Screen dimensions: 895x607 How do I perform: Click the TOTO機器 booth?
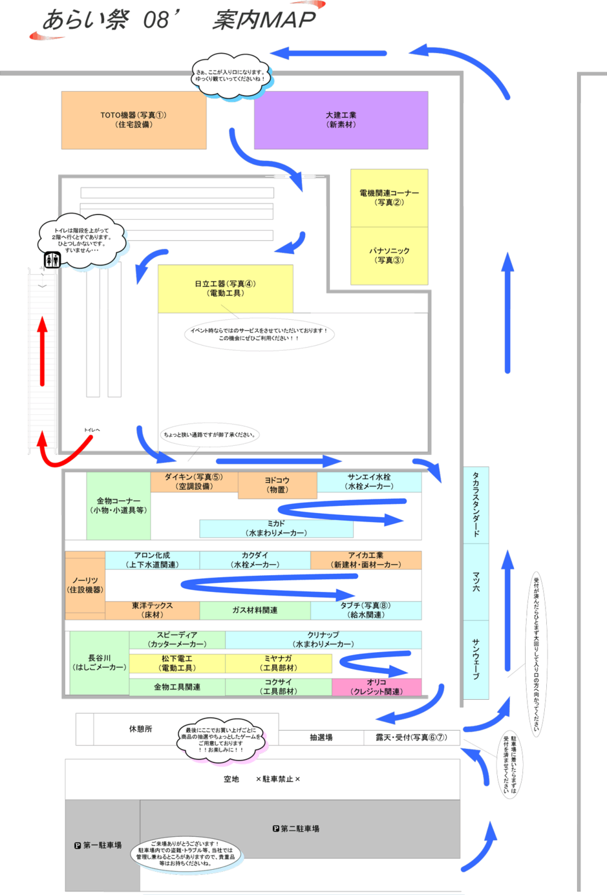(134, 120)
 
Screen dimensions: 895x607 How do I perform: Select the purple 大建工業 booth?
(341, 120)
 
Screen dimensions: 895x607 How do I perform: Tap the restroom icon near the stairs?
(52, 260)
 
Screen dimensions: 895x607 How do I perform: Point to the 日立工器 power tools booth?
(225, 288)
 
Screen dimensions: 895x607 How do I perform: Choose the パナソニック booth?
(389, 255)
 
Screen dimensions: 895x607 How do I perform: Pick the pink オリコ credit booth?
(376, 687)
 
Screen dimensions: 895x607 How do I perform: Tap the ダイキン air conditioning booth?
(194, 481)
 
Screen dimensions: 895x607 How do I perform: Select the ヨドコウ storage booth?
(277, 485)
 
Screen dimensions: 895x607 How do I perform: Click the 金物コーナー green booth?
(118, 505)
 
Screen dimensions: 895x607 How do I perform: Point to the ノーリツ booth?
(85, 585)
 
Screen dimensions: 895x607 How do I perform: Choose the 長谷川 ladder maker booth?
(99, 662)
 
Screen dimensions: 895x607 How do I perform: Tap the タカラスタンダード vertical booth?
(476, 505)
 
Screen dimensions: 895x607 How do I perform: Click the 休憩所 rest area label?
(140, 729)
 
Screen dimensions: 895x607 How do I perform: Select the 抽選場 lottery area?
(321, 737)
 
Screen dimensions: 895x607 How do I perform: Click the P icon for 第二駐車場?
(276, 828)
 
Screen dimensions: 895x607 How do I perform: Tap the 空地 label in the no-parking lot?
(231, 779)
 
